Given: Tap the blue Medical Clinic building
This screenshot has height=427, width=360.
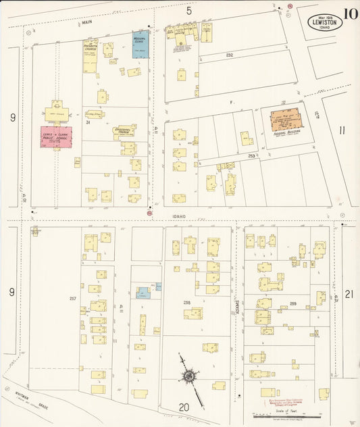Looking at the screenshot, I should point(140,44).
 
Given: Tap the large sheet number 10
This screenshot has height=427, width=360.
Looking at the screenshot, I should point(350,14).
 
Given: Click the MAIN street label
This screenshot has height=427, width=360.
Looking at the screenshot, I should point(86,22).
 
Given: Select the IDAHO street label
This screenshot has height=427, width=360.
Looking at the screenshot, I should point(179,216).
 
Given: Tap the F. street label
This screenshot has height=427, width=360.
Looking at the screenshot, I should point(230,101).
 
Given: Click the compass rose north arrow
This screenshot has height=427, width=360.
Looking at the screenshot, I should point(190,375).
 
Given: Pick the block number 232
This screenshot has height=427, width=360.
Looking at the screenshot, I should point(230,55).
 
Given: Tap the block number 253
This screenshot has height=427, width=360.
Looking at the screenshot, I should point(251,155).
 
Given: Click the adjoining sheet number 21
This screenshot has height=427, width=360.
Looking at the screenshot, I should point(349,294).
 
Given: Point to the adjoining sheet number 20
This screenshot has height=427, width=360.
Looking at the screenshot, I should point(184,407).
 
